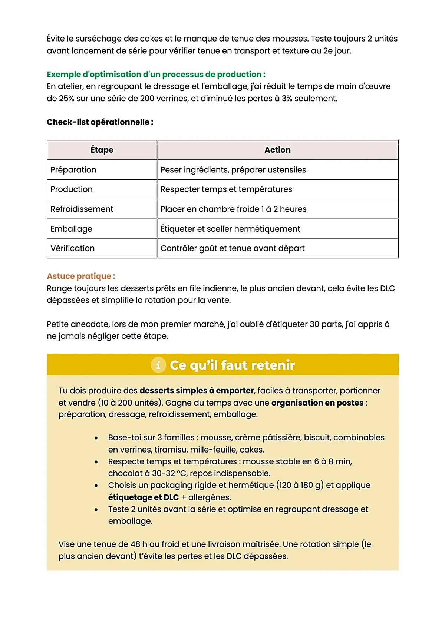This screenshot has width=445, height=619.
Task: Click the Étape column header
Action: click(x=102, y=150)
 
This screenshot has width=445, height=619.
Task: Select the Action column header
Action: click(x=277, y=150)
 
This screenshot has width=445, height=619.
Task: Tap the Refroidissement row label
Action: click(x=82, y=209)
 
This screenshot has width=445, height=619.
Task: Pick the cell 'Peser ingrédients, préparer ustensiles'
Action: click(x=233, y=170)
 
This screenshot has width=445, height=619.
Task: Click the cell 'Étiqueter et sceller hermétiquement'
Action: click(x=230, y=229)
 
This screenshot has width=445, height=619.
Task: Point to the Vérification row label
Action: click(x=73, y=248)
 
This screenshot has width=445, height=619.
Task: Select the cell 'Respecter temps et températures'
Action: click(x=226, y=189)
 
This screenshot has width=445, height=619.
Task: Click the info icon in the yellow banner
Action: click(x=158, y=365)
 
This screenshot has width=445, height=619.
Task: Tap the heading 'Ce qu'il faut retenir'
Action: click(x=232, y=365)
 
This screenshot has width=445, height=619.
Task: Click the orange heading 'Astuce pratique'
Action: click(x=81, y=276)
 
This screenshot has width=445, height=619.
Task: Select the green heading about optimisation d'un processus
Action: click(x=156, y=74)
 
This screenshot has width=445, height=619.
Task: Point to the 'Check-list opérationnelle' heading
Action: click(x=100, y=122)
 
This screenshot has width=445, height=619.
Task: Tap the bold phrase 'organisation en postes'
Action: click(x=317, y=403)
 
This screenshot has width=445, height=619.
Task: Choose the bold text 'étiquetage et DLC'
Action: click(x=143, y=497)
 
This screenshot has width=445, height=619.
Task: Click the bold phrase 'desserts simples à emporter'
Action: click(x=197, y=391)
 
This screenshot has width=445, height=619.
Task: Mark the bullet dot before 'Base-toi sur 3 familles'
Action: click(x=96, y=438)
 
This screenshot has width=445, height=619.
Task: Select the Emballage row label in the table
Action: click(x=71, y=229)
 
